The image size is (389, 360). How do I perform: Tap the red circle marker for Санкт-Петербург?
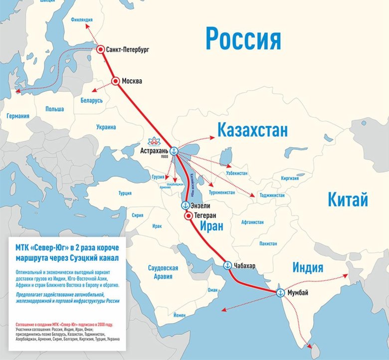tap(101, 49)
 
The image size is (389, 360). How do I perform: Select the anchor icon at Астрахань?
tap(174, 151)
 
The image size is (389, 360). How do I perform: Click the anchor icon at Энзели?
tap(184, 205)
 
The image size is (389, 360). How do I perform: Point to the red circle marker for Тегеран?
tap(188, 216)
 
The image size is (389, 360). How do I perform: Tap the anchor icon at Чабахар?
tap(227, 265)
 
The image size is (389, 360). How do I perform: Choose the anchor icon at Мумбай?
tap(280, 293)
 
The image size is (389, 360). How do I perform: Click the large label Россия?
tap(243, 39)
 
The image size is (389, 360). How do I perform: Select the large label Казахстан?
tap(252, 131)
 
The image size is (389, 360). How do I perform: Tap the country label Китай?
tap(348, 200)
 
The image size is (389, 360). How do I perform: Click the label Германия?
tap(18, 116)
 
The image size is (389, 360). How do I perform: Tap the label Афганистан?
tap(255, 223)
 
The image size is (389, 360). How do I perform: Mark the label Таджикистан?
tap(272, 195)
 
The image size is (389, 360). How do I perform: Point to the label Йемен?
tap(180, 316)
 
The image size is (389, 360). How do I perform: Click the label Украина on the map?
tap(106, 127)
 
